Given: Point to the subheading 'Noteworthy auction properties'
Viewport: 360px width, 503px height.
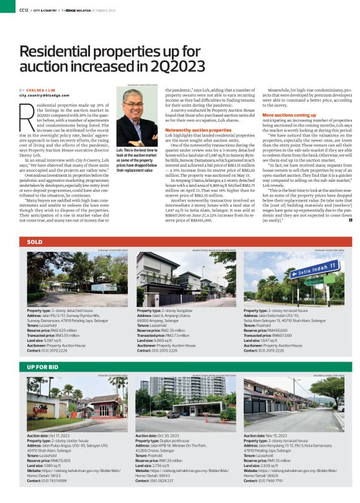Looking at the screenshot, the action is point(199,130).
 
